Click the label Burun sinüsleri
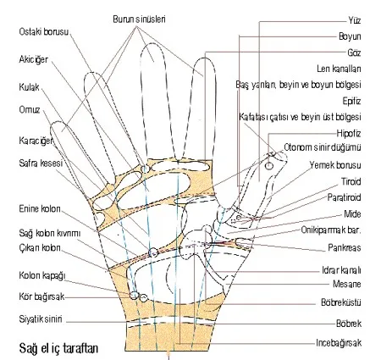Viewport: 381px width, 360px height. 139,19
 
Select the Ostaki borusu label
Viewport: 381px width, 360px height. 44,31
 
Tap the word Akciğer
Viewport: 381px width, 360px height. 34,59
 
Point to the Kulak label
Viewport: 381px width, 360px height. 29,86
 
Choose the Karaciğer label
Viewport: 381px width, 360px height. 36,141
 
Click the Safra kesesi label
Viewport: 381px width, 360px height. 41,163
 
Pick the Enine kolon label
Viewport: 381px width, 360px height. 40,208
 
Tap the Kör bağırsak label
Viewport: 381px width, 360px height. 41,296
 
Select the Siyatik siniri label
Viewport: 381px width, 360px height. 41,319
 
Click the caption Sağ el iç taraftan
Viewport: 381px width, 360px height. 58,348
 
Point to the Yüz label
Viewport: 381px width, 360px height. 355,20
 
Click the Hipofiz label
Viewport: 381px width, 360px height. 349,133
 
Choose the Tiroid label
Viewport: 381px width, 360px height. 351,181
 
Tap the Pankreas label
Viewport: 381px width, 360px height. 345,247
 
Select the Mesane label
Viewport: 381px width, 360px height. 347,284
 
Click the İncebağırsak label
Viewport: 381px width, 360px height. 339,343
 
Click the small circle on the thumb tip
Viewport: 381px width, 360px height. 269,166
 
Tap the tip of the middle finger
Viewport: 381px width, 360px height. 152,44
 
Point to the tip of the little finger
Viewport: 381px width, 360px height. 58,122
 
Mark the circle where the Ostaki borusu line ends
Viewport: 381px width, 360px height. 145,169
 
